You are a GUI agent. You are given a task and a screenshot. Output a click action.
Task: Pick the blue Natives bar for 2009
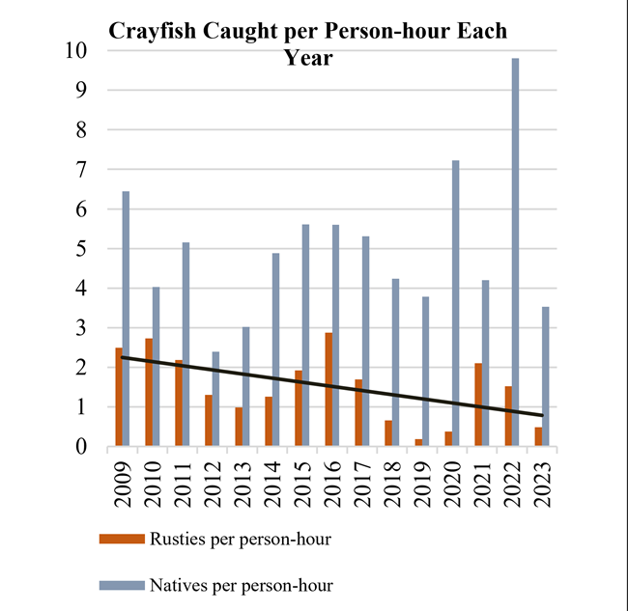tap(126, 319)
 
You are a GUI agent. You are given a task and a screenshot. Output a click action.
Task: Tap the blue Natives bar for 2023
tap(545, 376)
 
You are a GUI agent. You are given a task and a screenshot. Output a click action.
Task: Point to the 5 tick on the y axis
tap(88, 249)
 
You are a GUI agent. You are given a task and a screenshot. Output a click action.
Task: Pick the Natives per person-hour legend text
tap(241, 584)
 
